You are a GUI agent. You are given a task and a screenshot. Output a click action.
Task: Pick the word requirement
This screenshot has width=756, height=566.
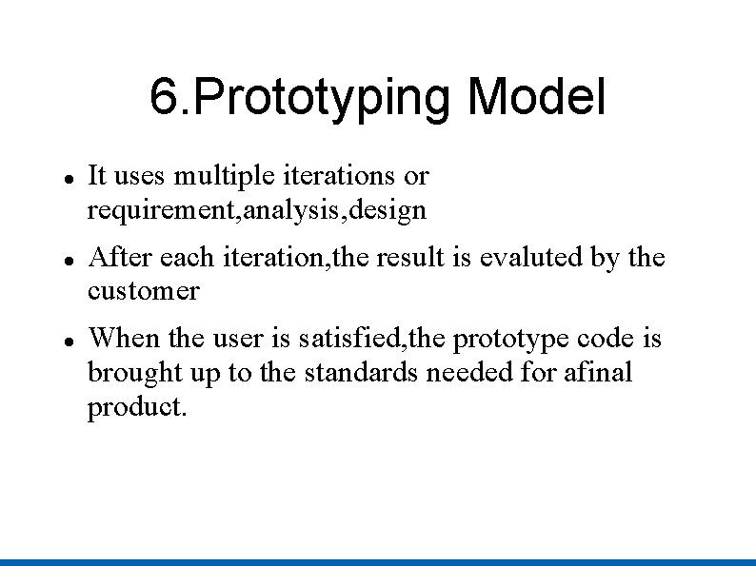tap(163, 211)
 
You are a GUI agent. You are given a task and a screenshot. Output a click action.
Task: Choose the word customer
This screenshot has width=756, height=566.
tap(143, 290)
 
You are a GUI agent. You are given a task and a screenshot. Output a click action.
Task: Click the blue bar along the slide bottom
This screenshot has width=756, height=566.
tap(378, 561)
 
